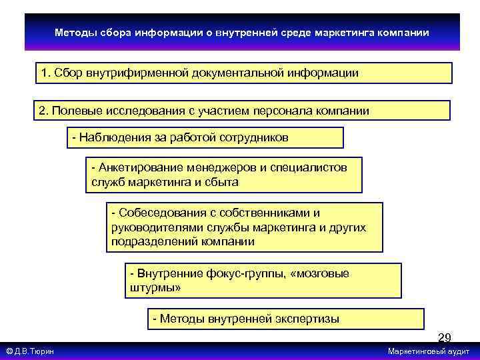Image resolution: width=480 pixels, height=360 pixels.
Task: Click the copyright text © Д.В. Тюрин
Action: click(x=30, y=351)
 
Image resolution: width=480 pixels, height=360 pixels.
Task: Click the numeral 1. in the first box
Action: click(x=46, y=73)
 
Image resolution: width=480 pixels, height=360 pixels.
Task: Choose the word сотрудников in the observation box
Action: click(x=257, y=137)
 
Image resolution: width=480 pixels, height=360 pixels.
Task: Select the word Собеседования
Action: click(x=155, y=213)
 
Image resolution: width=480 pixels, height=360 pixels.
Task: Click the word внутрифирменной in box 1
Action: click(x=138, y=73)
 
